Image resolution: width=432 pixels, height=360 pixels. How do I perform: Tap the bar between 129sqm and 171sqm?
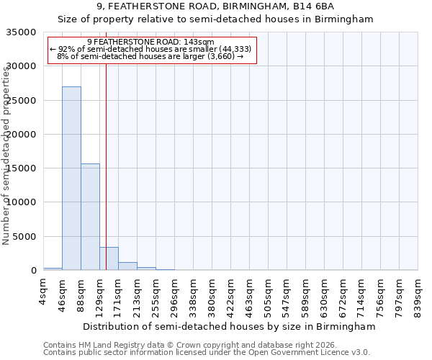pyautogui.click(x=109, y=258)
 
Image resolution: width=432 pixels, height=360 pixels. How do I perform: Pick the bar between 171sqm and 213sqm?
pyautogui.click(x=127, y=266)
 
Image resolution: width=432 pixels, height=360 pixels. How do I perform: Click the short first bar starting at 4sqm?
pyautogui.click(x=53, y=269)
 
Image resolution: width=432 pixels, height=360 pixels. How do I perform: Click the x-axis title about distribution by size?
pyautogui.click(x=229, y=326)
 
